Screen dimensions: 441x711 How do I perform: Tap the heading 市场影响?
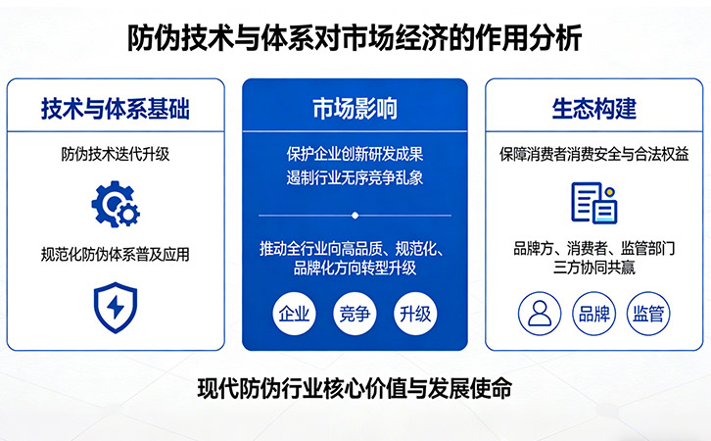[355, 108]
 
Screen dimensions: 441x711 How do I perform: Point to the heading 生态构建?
[593, 108]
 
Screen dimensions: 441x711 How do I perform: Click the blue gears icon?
[115, 203]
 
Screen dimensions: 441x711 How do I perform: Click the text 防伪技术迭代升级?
[115, 153]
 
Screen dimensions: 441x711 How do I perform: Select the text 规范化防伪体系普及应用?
[115, 254]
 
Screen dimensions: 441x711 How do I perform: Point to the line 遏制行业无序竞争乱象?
[355, 178]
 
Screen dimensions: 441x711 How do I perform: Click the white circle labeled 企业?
[294, 315]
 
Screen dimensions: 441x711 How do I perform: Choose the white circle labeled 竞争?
[355, 315]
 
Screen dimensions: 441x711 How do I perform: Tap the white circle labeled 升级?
[415, 315]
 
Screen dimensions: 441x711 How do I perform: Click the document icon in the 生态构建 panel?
[593, 203]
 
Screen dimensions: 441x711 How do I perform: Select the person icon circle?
[539, 314]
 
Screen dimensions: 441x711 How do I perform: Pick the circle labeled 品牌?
[593, 314]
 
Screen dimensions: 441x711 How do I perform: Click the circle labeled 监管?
[648, 314]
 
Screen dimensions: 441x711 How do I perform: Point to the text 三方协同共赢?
[593, 267]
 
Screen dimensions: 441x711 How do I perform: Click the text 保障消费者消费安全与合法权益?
[593, 153]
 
